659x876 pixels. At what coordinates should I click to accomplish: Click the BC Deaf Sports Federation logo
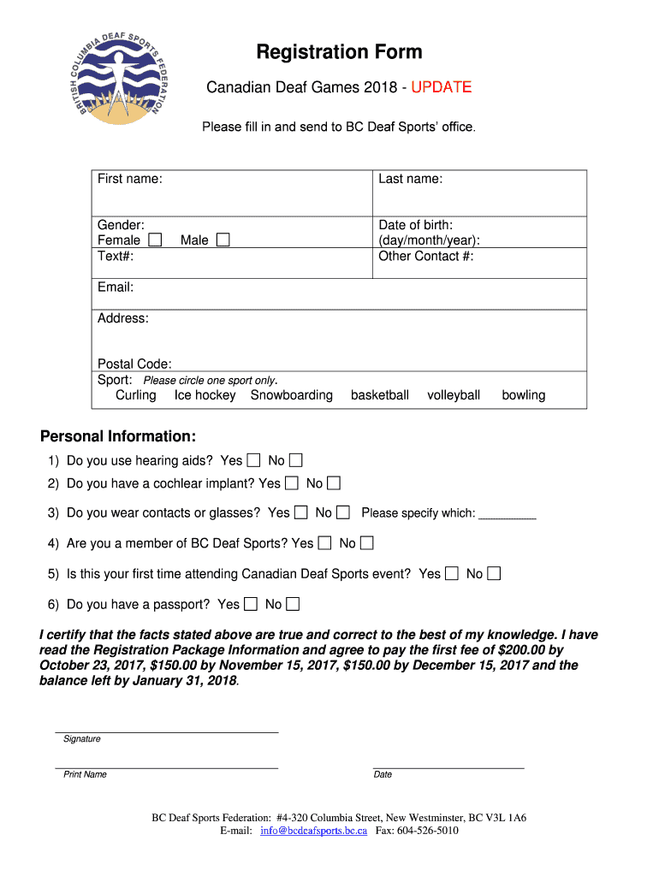pyautogui.click(x=122, y=83)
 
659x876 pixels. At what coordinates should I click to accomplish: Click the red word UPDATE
pyautogui.click(x=441, y=87)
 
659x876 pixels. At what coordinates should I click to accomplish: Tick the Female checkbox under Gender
pyautogui.click(x=155, y=240)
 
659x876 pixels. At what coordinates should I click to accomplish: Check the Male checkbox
pyautogui.click(x=223, y=240)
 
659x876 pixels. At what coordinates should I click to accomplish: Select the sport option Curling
pyautogui.click(x=136, y=395)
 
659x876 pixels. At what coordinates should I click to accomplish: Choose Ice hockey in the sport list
pyautogui.click(x=205, y=395)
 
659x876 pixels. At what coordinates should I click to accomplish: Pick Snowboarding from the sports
pyautogui.click(x=291, y=395)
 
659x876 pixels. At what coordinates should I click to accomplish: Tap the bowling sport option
pyautogui.click(x=523, y=395)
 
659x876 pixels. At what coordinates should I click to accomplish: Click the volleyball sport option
pyautogui.click(x=454, y=395)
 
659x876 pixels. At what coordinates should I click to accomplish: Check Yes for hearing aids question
pyautogui.click(x=253, y=461)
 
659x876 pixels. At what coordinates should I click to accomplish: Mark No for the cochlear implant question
pyautogui.click(x=334, y=483)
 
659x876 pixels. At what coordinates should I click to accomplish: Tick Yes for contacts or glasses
pyautogui.click(x=300, y=512)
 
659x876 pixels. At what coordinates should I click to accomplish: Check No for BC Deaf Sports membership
pyautogui.click(x=366, y=543)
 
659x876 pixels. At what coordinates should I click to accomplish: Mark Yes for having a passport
pyautogui.click(x=250, y=605)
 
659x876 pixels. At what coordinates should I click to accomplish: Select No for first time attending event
pyautogui.click(x=493, y=574)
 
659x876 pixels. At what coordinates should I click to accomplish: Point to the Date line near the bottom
pyautogui.click(x=448, y=766)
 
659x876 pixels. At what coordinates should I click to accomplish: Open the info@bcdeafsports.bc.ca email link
pyautogui.click(x=313, y=831)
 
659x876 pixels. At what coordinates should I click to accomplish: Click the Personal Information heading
pyautogui.click(x=118, y=436)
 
